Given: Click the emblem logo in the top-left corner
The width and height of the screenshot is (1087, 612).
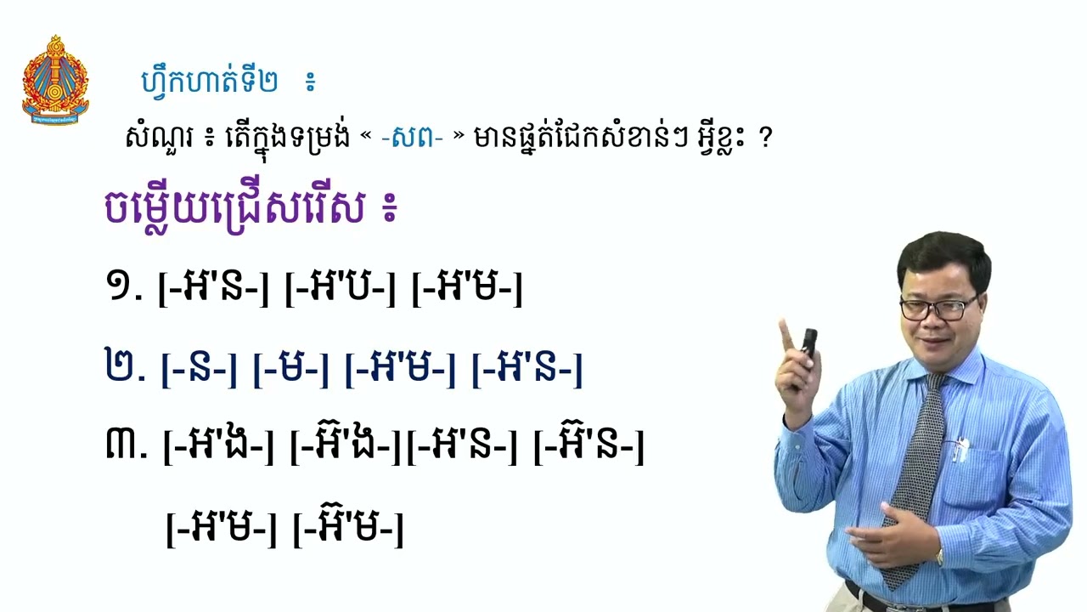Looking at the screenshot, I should (x=55, y=80).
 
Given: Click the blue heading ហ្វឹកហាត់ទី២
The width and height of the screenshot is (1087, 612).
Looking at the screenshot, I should (x=208, y=82).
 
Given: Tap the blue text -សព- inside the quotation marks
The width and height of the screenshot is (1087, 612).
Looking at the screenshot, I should (x=413, y=137).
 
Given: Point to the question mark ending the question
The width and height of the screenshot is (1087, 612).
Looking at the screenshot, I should (x=766, y=139).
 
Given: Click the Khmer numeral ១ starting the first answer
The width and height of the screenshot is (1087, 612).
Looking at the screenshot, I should (x=123, y=289).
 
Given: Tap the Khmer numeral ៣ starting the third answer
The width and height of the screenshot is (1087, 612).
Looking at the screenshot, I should (x=126, y=446).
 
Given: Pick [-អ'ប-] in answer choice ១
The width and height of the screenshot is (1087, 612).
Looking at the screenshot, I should (x=340, y=289).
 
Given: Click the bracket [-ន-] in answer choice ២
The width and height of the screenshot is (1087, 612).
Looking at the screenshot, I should (x=199, y=370).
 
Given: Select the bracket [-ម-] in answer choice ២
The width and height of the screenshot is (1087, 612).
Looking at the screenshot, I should (x=290, y=370).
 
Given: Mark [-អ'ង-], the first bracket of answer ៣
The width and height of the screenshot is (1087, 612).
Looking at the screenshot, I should (x=218, y=446).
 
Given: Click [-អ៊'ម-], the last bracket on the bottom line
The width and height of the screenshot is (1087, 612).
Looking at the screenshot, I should (x=347, y=528).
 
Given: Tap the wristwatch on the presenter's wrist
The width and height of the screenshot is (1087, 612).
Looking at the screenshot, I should (x=939, y=557).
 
